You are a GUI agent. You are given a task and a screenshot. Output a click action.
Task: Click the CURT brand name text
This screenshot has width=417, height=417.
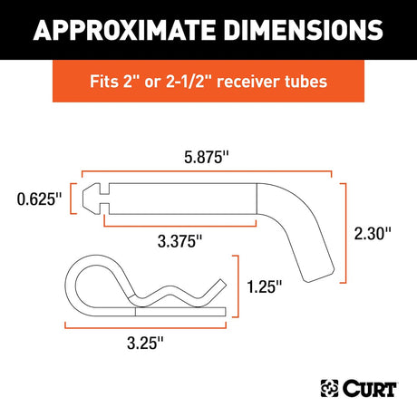click(370, 388)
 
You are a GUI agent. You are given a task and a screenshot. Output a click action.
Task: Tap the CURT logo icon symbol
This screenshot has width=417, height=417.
click(330, 388)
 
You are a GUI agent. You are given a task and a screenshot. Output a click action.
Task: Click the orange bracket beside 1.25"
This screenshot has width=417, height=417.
click(238, 286)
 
